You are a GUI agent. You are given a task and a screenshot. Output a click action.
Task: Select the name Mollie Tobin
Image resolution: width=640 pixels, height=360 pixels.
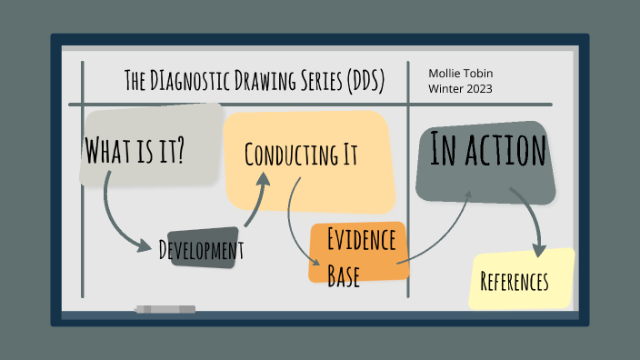(462, 73)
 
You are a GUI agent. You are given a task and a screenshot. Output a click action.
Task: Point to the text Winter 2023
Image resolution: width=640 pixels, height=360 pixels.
(462, 88)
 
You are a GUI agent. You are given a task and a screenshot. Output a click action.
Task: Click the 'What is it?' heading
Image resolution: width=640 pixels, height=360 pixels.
(135, 149)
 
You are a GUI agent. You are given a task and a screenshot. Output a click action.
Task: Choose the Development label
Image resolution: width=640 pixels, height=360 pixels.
(201, 249)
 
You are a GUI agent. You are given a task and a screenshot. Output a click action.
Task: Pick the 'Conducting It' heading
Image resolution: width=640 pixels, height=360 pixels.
(301, 154)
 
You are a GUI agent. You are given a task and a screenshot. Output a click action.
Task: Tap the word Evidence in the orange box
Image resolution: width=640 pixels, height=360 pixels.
(361, 241)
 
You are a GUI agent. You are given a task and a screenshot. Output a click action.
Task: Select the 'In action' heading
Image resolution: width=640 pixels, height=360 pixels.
(487, 151)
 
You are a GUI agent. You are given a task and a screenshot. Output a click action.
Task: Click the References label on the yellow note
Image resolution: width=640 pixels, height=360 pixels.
(515, 282)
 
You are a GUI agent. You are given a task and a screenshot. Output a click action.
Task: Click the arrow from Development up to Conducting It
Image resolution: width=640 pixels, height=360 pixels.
(255, 201)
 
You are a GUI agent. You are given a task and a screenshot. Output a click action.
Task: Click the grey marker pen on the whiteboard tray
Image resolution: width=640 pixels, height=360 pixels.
(165, 310)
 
